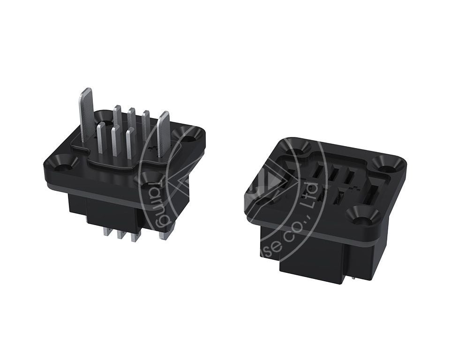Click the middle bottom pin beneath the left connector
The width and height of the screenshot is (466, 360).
(x=123, y=234)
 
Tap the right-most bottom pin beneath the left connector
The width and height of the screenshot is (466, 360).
(x=163, y=233)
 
